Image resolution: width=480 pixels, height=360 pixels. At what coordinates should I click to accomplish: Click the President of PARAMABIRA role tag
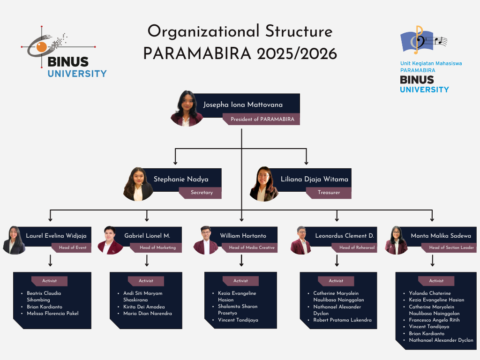point(261,119)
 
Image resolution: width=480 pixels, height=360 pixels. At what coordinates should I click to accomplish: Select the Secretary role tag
point(200,193)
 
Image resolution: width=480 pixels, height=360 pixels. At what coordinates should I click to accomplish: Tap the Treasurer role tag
point(329,193)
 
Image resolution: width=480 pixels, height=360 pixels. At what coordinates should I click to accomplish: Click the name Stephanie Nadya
point(181,179)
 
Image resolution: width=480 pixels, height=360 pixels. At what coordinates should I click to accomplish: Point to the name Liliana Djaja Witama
point(315,179)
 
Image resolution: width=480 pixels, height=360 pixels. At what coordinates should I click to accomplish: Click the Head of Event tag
point(71,247)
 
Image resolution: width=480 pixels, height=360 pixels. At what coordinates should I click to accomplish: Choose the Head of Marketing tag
point(156,247)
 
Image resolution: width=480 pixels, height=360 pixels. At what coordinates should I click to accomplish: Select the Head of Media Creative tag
point(249,247)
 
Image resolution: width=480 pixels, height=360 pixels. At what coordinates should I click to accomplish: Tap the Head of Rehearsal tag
point(354,247)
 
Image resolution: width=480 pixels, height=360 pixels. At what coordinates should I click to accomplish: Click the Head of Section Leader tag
point(449,247)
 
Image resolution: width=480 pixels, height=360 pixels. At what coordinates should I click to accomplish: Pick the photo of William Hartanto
point(206,240)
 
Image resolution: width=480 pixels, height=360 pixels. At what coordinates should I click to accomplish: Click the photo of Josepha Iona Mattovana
point(187,108)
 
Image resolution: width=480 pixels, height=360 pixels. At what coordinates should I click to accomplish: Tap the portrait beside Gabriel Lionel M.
point(110,240)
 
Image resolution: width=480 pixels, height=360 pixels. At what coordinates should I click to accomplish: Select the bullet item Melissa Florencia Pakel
point(52,314)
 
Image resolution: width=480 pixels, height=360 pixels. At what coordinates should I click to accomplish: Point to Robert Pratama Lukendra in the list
point(342,320)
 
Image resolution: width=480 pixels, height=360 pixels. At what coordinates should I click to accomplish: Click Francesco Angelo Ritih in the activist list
point(434,320)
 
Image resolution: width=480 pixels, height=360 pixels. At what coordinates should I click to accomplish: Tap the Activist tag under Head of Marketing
point(146,281)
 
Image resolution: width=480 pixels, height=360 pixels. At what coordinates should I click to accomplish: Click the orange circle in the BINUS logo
point(42,47)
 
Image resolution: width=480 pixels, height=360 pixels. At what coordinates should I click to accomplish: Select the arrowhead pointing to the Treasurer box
point(306,162)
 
